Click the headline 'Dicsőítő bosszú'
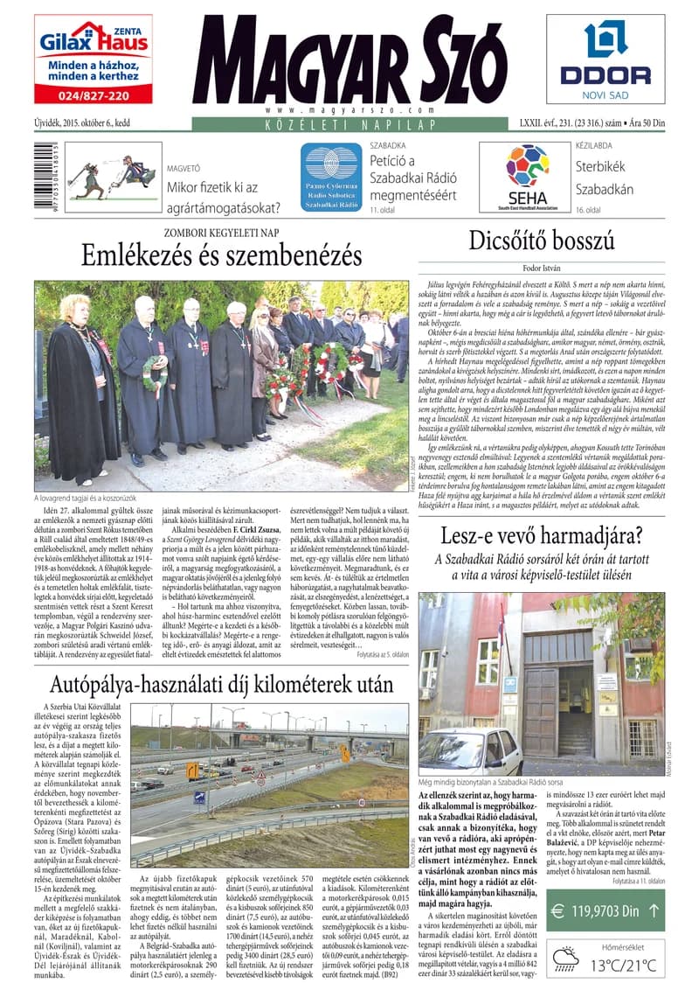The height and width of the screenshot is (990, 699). coord(541,241)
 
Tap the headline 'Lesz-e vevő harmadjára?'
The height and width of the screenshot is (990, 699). coord(541,535)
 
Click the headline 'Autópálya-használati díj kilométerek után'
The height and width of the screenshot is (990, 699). coord(221,683)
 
